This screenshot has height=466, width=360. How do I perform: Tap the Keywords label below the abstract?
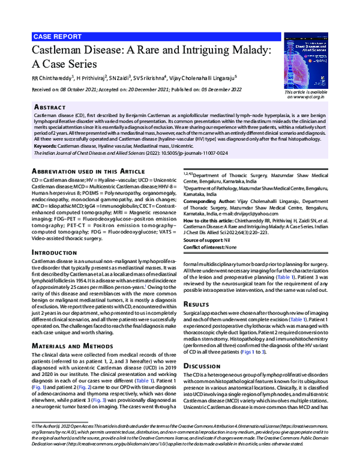[47, 145]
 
